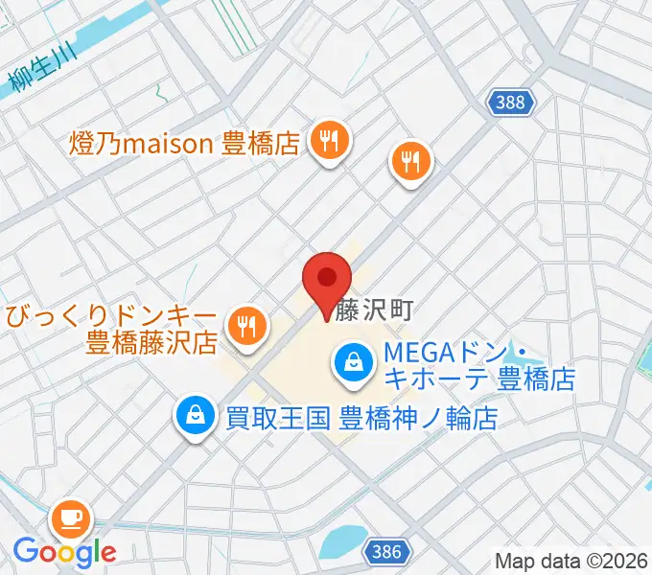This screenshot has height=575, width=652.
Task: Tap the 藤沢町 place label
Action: click(x=374, y=310)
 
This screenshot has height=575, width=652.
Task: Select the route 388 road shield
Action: click(x=510, y=102)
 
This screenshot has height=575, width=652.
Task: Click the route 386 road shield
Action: click(x=387, y=552)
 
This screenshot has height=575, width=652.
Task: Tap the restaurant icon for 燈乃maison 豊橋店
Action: click(x=330, y=143)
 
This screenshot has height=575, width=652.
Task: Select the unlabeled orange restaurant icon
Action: click(x=412, y=160)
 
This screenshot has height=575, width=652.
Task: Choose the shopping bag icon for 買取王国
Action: click(x=196, y=416)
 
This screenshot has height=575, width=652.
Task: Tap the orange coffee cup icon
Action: click(x=73, y=519)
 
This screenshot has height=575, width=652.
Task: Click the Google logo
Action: click(x=64, y=552)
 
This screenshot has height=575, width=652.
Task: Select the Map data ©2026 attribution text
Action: click(x=571, y=560)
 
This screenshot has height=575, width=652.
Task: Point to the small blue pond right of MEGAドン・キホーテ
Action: click(x=522, y=353)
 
